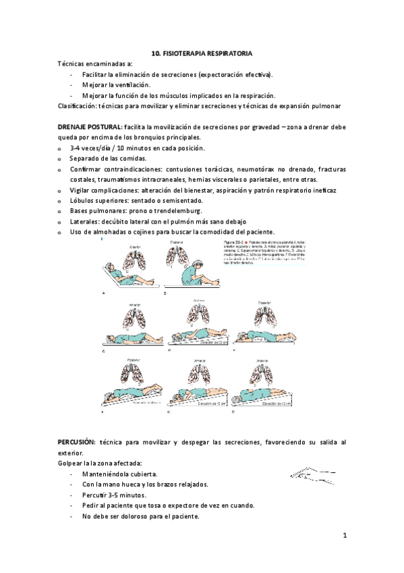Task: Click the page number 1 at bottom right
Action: (x=344, y=536)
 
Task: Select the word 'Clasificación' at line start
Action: (x=76, y=106)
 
